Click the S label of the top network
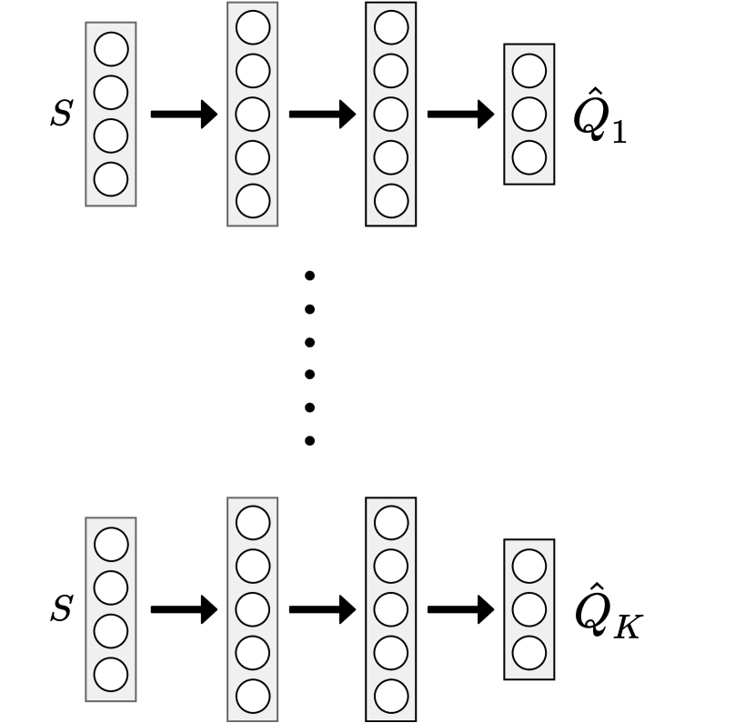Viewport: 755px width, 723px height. [61, 116]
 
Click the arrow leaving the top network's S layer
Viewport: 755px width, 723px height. [183, 115]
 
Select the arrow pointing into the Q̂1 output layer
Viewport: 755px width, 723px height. [459, 115]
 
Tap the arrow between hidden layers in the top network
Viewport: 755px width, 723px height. [321, 115]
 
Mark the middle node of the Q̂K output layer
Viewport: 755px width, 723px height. [529, 609]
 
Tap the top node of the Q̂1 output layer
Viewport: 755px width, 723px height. [529, 71]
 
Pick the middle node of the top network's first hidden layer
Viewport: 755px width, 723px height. [252, 115]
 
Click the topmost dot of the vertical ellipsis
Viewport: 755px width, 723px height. [309, 275]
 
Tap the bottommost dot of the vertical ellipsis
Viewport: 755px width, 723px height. [309, 441]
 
